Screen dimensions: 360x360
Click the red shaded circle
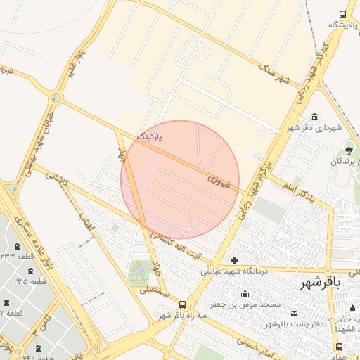[180, 179]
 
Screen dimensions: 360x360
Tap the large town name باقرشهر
[320, 283]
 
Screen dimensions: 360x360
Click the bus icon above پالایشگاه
[342, 14]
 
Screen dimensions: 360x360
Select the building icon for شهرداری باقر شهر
[314, 117]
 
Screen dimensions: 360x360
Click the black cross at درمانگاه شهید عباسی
[234, 260]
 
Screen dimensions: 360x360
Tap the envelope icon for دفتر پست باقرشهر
[294, 314]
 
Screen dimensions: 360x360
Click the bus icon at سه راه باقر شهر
[183, 304]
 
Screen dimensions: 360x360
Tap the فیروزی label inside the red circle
[214, 181]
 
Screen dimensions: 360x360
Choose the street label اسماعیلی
[154, 290]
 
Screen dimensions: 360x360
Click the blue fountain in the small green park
[140, 269]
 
